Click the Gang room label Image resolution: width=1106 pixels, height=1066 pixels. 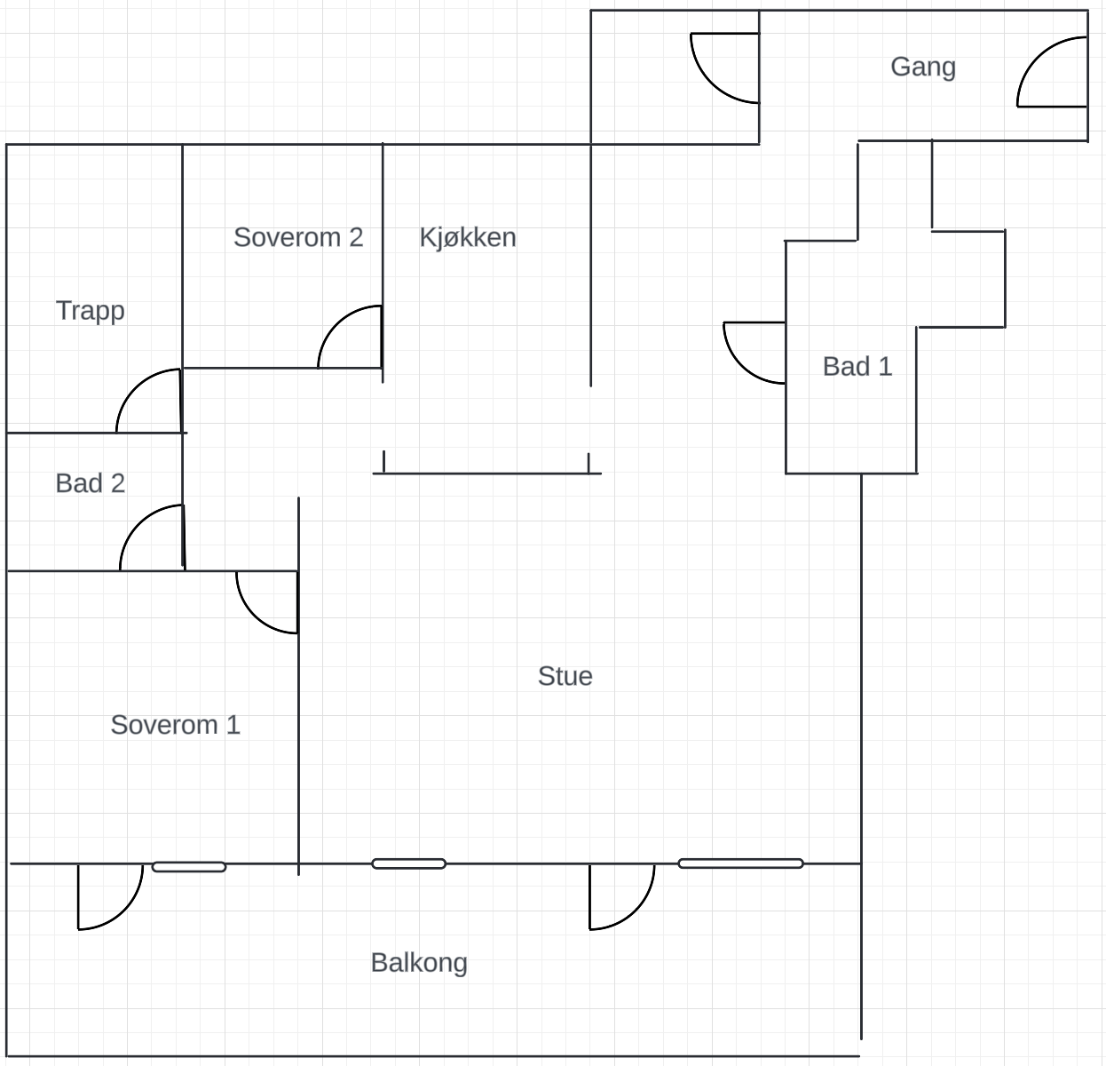[x=923, y=68]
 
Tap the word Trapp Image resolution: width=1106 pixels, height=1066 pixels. [x=91, y=311]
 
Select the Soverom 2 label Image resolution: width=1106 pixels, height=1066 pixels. [x=298, y=237]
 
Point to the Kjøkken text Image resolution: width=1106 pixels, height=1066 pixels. [x=468, y=237]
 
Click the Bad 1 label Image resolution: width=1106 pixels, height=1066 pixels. [x=857, y=366]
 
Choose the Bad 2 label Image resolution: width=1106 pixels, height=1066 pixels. [x=91, y=483]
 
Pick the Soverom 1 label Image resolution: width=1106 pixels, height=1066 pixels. [x=176, y=725]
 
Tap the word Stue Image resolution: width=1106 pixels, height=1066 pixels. [x=565, y=676]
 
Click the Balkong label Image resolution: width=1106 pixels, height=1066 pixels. [x=419, y=963]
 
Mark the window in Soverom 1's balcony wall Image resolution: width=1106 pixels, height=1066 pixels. [x=189, y=867]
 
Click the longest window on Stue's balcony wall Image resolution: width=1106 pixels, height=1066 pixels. [x=740, y=863]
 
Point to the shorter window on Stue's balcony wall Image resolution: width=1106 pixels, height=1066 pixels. [x=408, y=864]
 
